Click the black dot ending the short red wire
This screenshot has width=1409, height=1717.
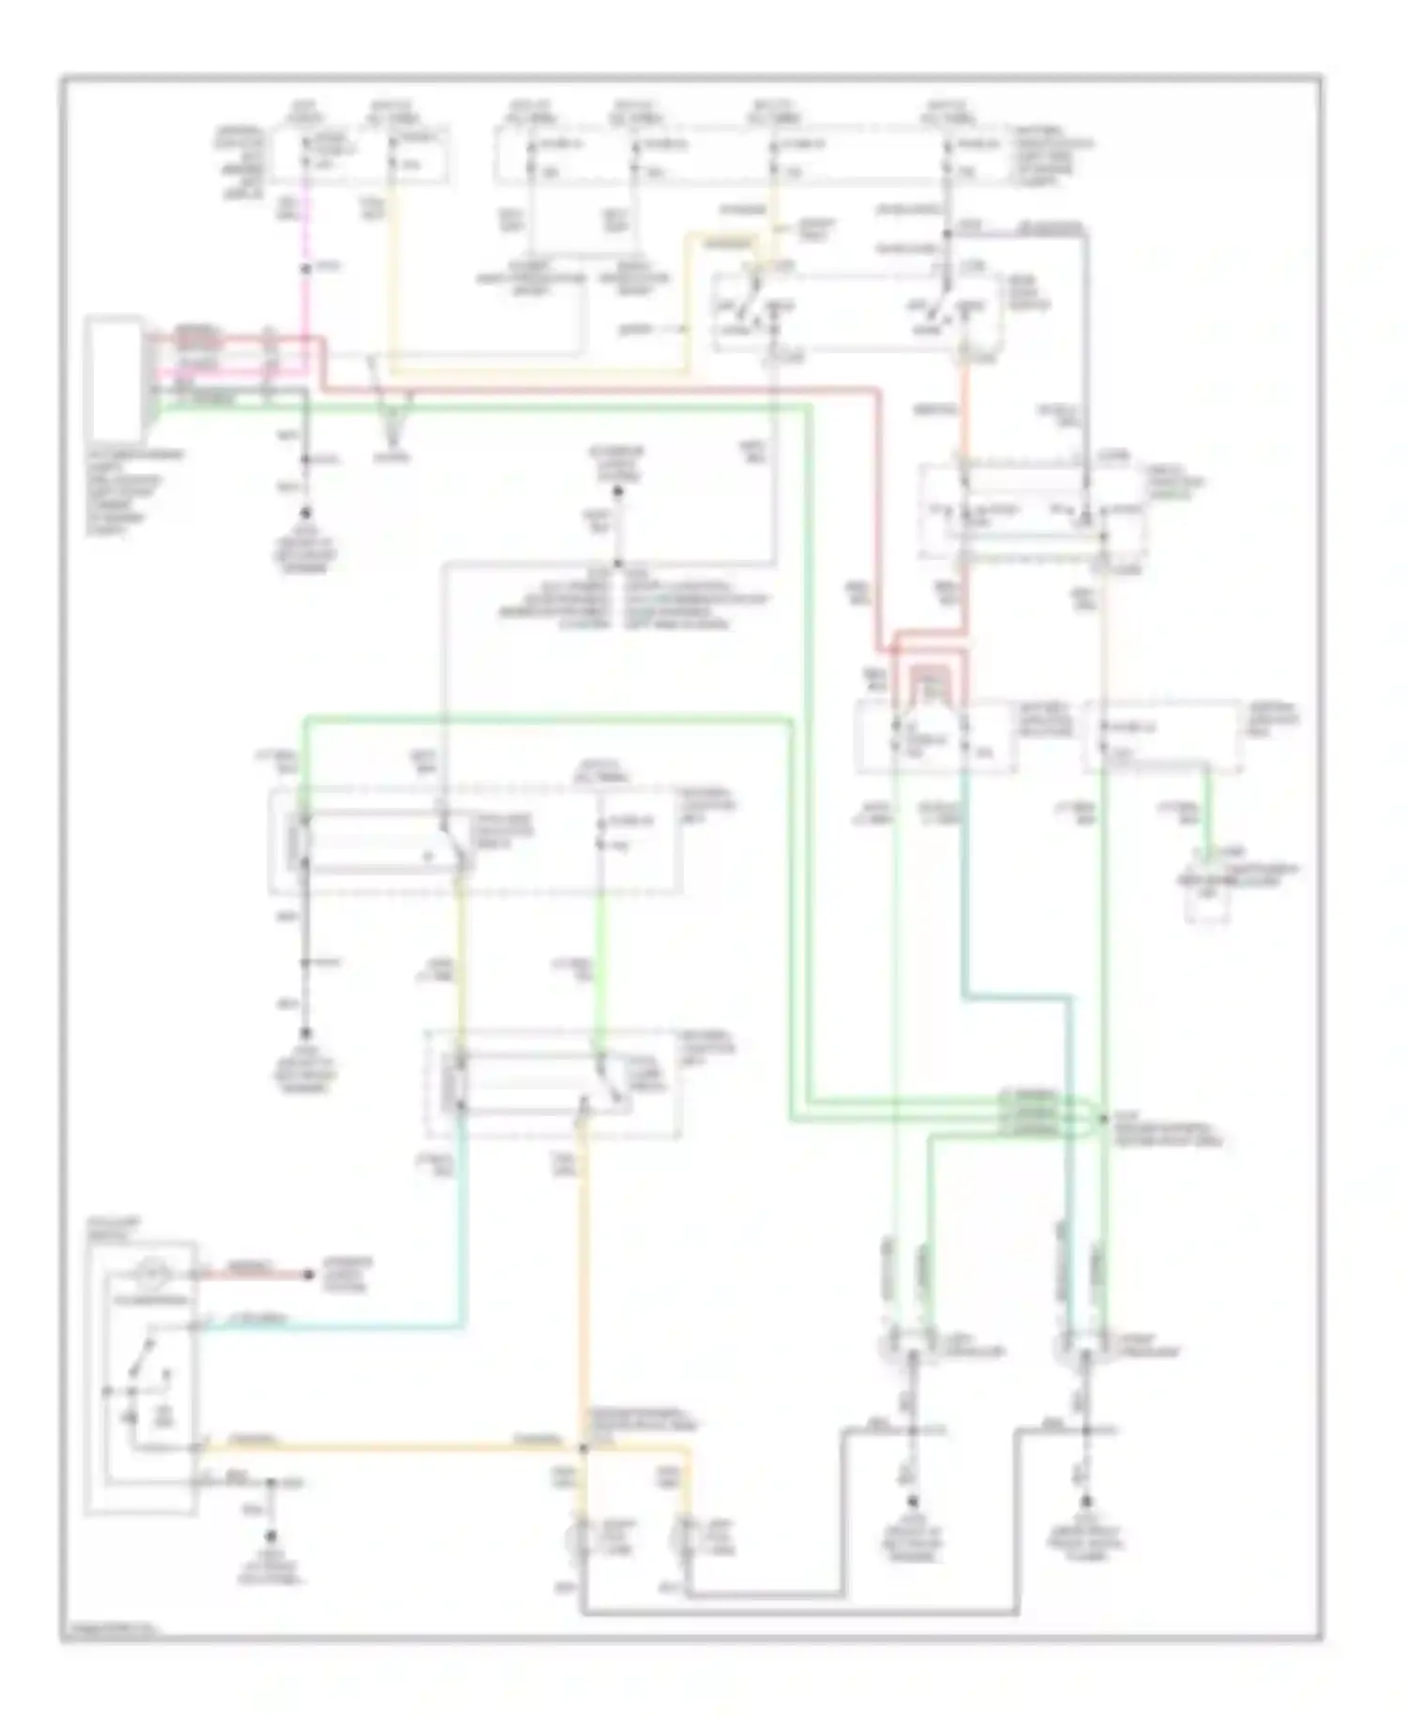pyautogui.click(x=308, y=1275)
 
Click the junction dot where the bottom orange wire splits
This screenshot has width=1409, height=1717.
pyautogui.click(x=583, y=1447)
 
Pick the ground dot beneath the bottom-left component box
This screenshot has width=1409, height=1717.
pyautogui.click(x=271, y=1537)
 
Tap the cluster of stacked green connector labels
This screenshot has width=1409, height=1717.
pyautogui.click(x=1030, y=1114)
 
